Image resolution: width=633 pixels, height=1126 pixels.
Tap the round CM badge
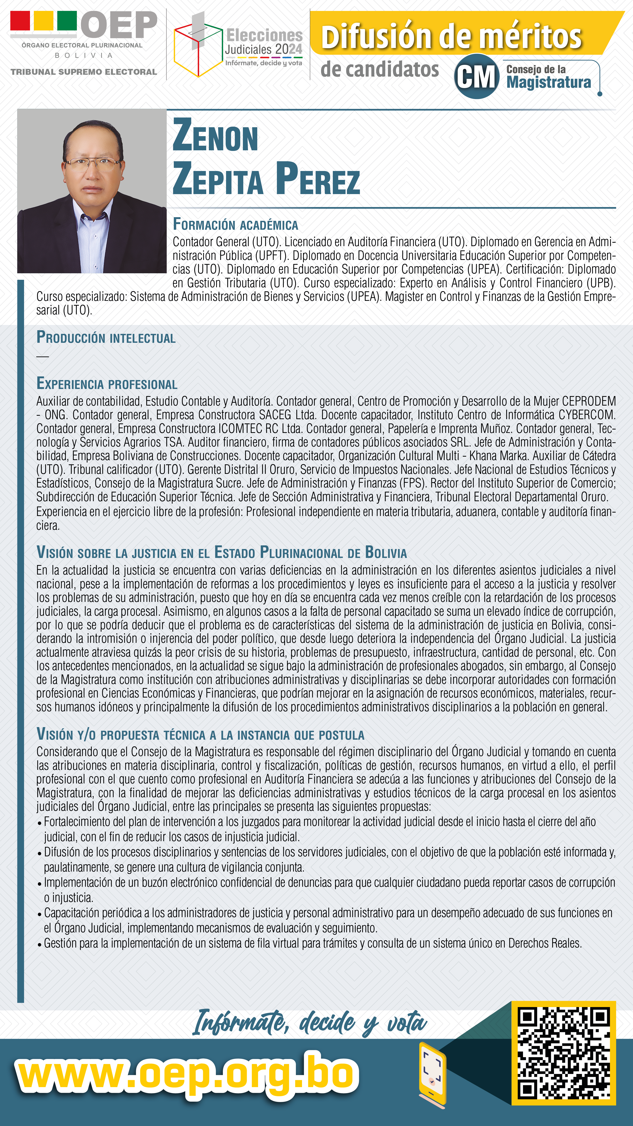tap(476, 77)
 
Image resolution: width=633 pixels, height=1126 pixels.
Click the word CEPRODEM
tap(588, 401)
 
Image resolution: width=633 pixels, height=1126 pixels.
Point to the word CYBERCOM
tap(587, 415)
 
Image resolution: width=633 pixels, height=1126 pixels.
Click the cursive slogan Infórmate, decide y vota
tap(310, 1023)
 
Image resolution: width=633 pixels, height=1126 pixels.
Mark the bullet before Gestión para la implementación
tap(40, 944)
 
